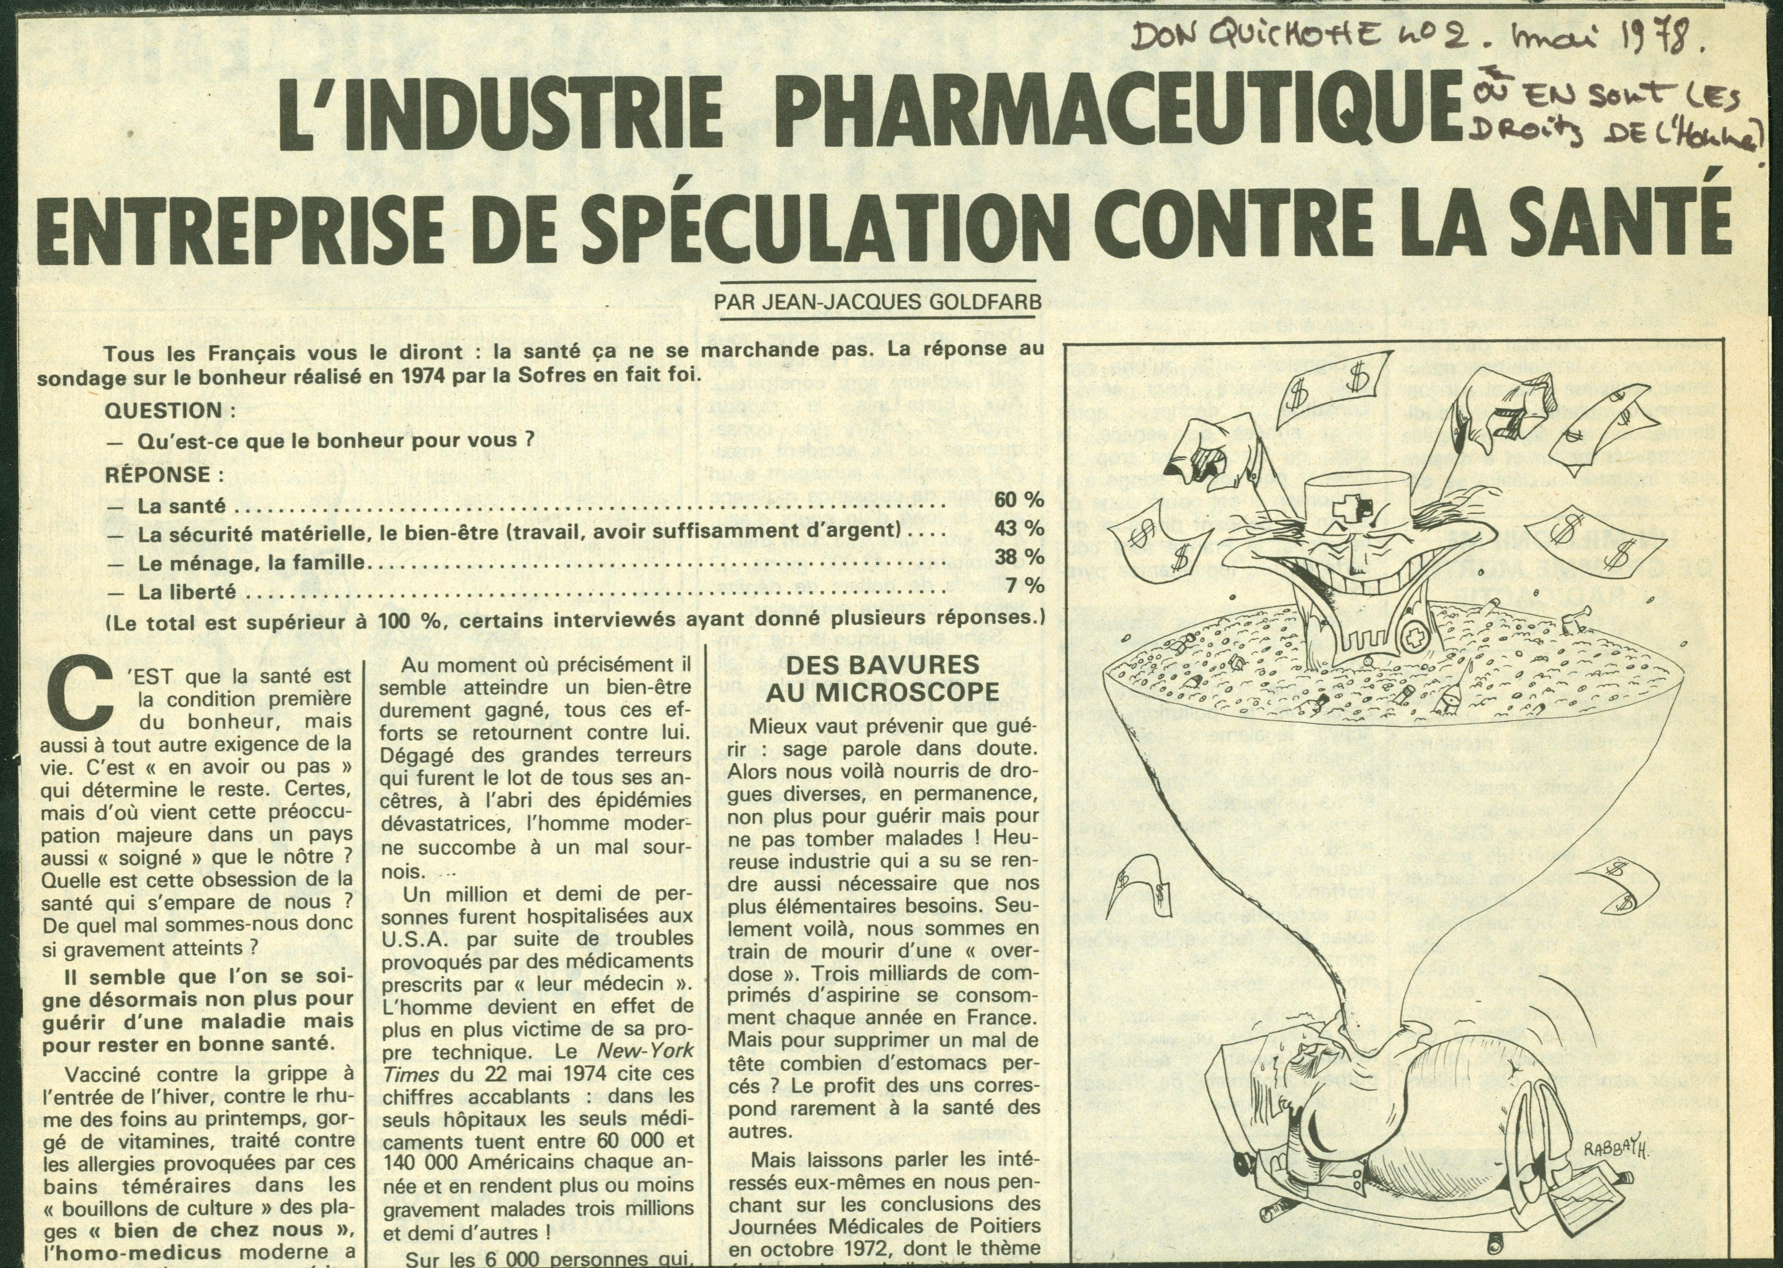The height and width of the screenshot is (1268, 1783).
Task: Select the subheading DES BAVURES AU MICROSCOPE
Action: click(883, 678)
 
